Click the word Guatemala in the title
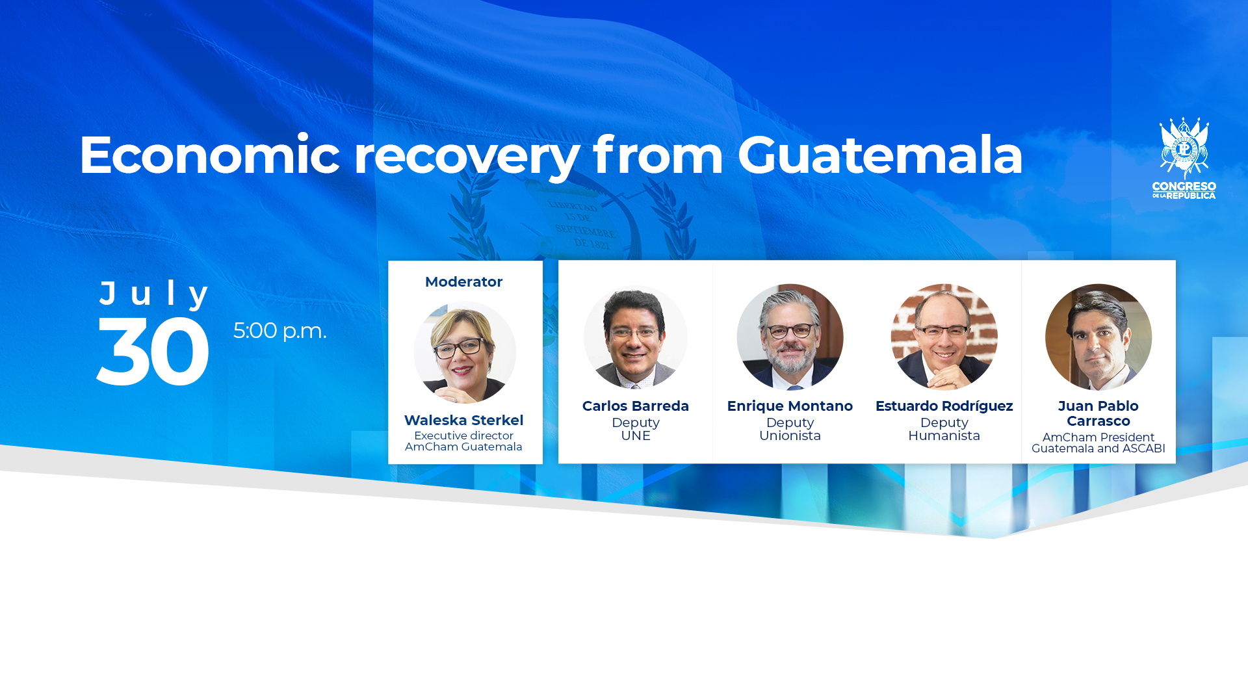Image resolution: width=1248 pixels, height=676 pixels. (x=880, y=155)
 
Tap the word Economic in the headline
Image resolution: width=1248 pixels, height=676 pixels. (x=209, y=155)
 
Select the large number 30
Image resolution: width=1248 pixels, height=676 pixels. (x=153, y=352)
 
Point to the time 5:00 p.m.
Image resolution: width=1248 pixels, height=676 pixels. (x=279, y=331)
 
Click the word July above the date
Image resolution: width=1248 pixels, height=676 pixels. (x=154, y=294)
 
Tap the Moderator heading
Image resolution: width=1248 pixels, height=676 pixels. (x=463, y=281)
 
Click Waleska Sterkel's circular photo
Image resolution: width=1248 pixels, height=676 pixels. (x=465, y=352)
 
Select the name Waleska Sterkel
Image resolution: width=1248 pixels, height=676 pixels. (x=463, y=420)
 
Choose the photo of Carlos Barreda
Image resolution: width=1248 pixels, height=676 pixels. (x=635, y=337)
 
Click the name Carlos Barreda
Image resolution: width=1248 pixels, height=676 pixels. (x=635, y=406)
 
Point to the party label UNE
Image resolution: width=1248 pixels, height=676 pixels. (x=636, y=435)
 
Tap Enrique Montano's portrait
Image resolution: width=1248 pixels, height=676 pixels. (x=790, y=337)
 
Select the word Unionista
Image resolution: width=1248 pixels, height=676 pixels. (x=790, y=435)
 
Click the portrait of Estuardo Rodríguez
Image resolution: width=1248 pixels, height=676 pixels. (x=944, y=337)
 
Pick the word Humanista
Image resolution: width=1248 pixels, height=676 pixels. (x=944, y=435)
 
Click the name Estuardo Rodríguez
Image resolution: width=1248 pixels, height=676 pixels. (x=944, y=406)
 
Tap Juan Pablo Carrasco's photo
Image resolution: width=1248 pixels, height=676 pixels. (x=1098, y=337)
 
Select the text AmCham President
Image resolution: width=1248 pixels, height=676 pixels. (x=1098, y=437)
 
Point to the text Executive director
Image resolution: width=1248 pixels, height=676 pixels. (x=463, y=435)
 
